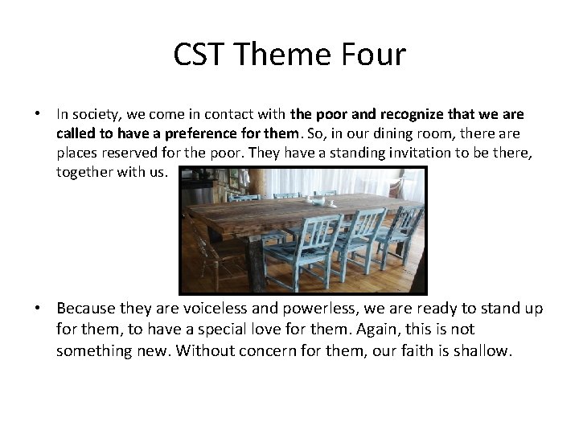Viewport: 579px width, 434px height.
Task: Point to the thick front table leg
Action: (x=256, y=265)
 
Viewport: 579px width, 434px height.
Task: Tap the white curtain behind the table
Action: (x=354, y=181)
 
